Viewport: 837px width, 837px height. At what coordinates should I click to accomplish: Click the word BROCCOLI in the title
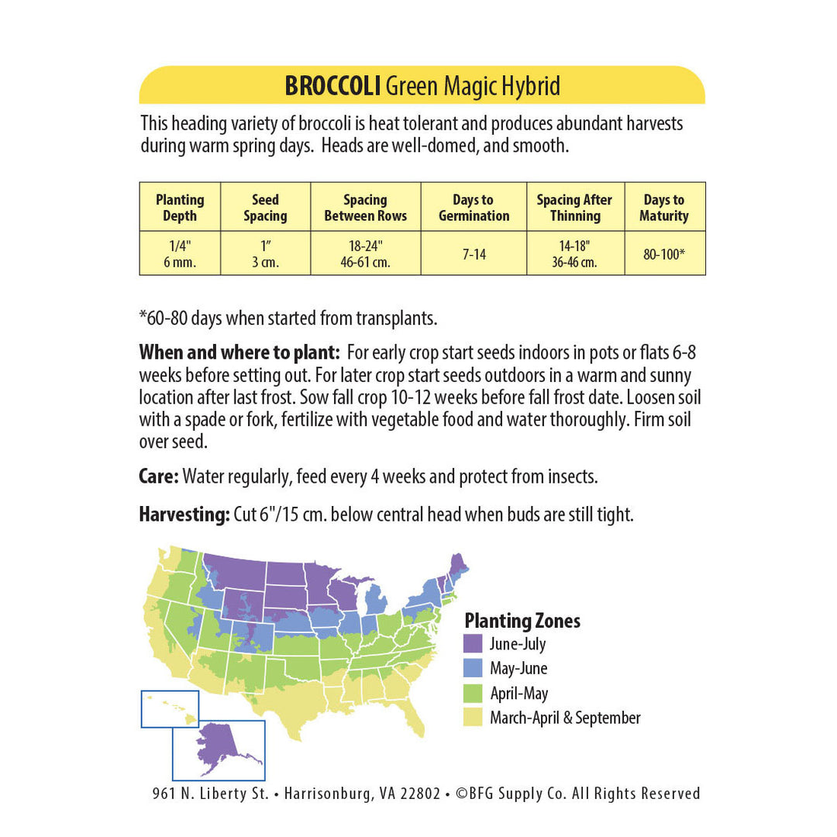pos(332,85)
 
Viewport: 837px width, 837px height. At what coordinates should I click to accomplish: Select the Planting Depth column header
pos(180,208)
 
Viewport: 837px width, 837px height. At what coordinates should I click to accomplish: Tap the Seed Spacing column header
pos(265,208)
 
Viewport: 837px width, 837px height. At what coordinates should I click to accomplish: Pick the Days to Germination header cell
pos(474,208)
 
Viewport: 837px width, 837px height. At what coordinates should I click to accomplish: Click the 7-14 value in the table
pos(474,253)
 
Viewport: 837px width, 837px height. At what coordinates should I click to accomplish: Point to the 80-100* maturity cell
pos(664,253)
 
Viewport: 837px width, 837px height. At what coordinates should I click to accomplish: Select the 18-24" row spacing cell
pos(365,253)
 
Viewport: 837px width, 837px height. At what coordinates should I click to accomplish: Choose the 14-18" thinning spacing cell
pos(574,253)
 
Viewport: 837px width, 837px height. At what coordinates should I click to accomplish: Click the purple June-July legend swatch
pos(473,643)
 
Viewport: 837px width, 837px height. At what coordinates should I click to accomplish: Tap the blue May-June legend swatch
pos(473,668)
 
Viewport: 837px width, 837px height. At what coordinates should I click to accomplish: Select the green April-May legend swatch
pos(473,693)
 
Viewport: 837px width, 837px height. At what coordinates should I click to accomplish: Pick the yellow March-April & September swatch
pos(473,718)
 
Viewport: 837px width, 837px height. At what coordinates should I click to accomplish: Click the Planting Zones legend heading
pos(522,621)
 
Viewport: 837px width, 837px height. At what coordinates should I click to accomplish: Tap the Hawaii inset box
pos(170,708)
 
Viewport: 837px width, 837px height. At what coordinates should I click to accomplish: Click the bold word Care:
pos(159,476)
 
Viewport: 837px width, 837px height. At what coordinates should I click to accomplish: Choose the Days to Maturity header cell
pos(664,208)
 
